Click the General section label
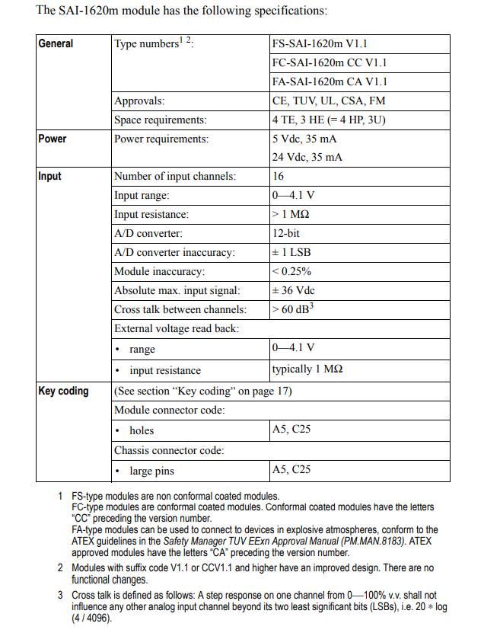pyautogui.click(x=56, y=43)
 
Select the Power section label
pyautogui.click(x=53, y=139)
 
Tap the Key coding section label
pyautogui.click(x=63, y=391)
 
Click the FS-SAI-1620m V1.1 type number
pyautogui.click(x=320, y=44)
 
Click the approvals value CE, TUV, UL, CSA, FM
pyautogui.click(x=329, y=101)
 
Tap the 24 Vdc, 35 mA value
pyautogui.click(x=307, y=157)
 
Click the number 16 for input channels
pyautogui.click(x=278, y=176)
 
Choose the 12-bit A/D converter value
pyautogui.click(x=288, y=233)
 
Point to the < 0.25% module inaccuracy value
pyautogui.click(x=291, y=271)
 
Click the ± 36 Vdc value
pyautogui.click(x=294, y=290)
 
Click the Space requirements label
pyautogui.click(x=161, y=120)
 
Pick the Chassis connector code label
pyautogui.click(x=169, y=450)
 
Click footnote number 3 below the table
pyautogui.click(x=61, y=594)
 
